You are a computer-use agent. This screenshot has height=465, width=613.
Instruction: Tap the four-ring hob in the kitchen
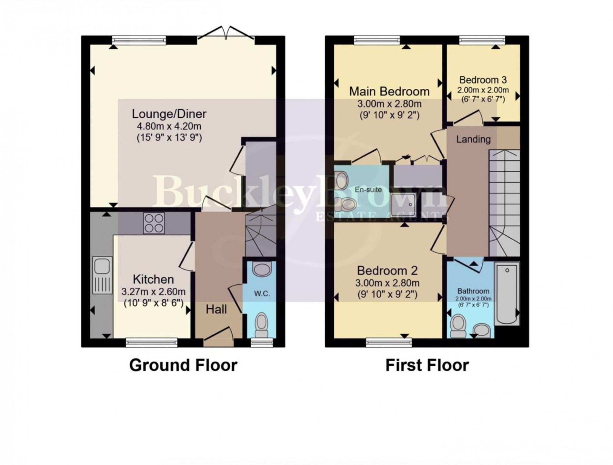click(154, 223)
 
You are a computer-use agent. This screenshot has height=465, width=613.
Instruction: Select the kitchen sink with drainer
click(102, 275)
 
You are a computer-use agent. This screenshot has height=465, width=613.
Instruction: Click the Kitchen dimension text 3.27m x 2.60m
click(153, 292)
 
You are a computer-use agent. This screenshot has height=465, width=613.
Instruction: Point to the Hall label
click(216, 310)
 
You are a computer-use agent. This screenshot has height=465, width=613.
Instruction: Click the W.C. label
click(262, 294)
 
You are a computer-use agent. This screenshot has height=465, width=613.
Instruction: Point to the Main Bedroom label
click(389, 92)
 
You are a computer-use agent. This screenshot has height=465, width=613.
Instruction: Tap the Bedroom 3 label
click(483, 80)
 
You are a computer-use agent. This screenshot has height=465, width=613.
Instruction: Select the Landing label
click(473, 139)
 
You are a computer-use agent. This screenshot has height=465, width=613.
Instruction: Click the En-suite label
click(368, 190)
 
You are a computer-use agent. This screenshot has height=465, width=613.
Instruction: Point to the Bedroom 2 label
click(387, 270)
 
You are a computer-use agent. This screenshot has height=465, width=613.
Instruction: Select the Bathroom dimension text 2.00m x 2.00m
click(473, 299)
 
